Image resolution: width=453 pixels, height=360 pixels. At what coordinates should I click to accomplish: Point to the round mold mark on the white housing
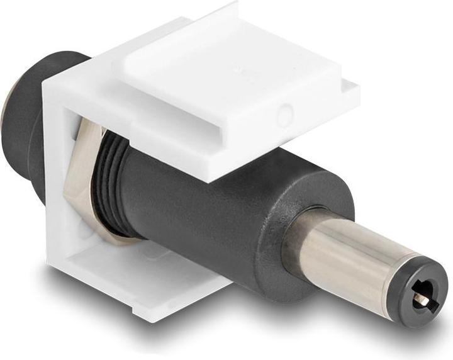click(285, 115)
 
